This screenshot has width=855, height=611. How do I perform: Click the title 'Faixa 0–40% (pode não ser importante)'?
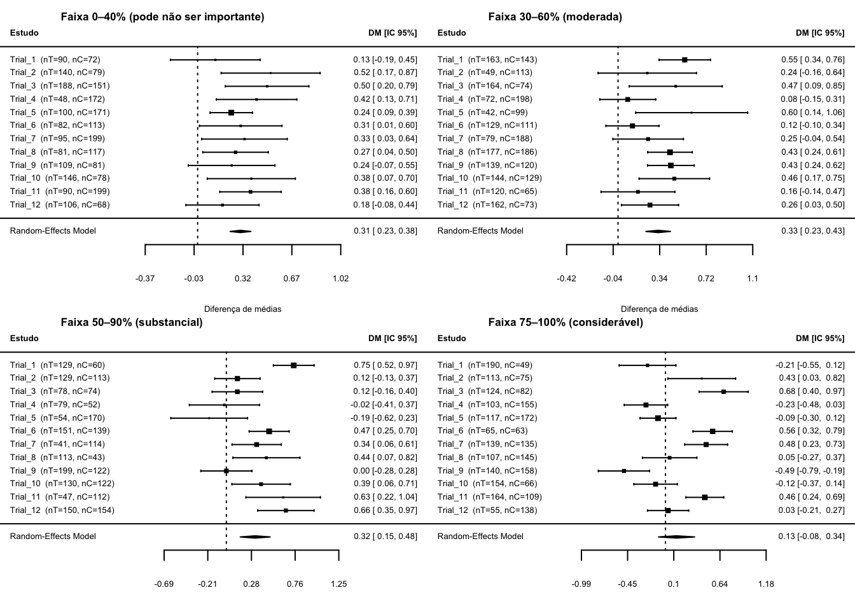[162, 17]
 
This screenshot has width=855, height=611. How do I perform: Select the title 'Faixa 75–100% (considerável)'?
[566, 323]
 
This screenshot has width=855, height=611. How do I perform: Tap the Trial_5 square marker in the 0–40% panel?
[231, 112]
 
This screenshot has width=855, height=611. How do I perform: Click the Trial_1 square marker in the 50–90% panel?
[294, 365]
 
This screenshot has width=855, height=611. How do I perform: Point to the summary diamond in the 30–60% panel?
[658, 231]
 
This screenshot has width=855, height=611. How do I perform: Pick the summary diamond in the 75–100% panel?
[676, 537]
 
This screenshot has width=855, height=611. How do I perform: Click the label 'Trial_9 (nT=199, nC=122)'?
[60, 471]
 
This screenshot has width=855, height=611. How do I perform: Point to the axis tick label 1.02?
[340, 278]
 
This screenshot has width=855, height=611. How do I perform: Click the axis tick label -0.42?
[566, 278]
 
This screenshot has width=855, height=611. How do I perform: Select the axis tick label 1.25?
[338, 584]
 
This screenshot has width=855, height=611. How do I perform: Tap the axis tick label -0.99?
[581, 584]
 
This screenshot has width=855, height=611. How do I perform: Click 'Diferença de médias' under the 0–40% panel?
[242, 309]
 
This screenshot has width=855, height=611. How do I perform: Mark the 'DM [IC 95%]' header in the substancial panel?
[393, 339]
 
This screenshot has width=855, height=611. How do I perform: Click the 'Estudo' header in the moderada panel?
[452, 33]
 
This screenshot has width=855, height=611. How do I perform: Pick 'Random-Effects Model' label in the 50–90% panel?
[53, 537]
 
